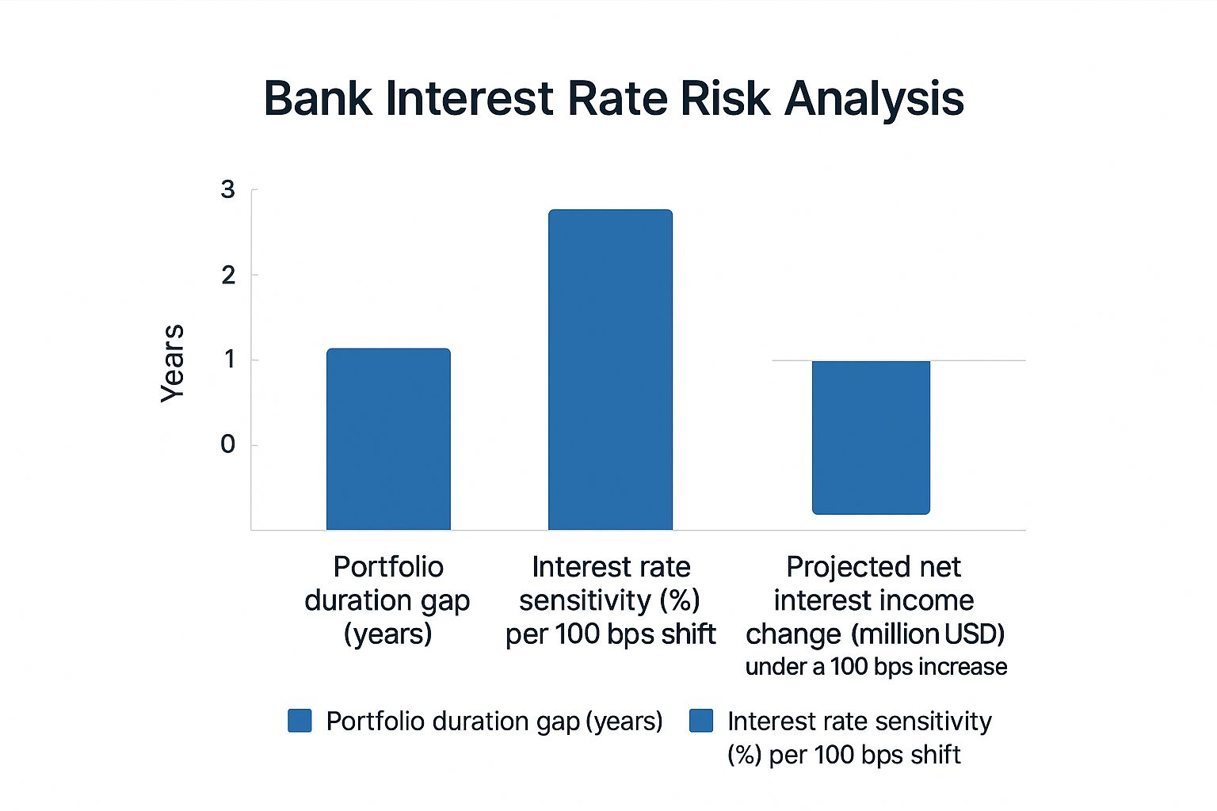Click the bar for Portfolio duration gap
[x=388, y=440]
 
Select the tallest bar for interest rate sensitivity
[x=610, y=370]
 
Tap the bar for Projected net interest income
[x=871, y=437]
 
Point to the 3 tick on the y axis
[x=228, y=190]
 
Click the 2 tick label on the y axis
[x=228, y=276]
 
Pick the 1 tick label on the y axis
[x=229, y=360]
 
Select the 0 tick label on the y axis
[x=228, y=445]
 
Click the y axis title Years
[x=173, y=364]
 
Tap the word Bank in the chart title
[x=318, y=99]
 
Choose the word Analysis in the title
[x=874, y=99]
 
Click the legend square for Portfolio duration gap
[x=299, y=721]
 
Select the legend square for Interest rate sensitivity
[x=701, y=721]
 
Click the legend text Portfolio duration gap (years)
[x=494, y=722]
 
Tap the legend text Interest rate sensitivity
[x=859, y=722]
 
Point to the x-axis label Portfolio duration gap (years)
[x=387, y=600]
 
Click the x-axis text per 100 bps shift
[x=610, y=634]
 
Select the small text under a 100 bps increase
[x=876, y=667]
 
